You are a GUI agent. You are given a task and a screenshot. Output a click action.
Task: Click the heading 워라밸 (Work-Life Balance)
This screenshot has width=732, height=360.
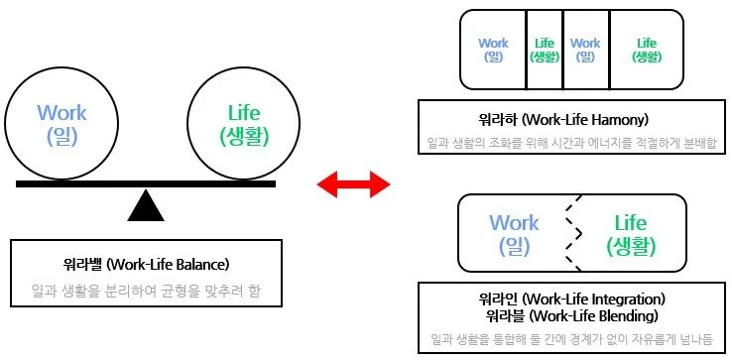[145, 265]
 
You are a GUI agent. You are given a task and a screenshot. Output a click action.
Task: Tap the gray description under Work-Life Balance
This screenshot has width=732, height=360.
[145, 293]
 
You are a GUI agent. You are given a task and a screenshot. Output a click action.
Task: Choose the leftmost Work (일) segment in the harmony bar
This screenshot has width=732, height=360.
[493, 50]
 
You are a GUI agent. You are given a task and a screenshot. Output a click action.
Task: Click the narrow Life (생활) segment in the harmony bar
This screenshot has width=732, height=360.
[544, 50]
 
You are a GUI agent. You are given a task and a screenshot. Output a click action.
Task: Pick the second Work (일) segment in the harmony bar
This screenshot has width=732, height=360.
[585, 50]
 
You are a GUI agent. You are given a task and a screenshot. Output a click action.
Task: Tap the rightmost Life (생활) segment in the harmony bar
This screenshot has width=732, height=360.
[647, 50]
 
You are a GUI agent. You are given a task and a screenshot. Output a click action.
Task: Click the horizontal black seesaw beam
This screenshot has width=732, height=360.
[146, 183]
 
